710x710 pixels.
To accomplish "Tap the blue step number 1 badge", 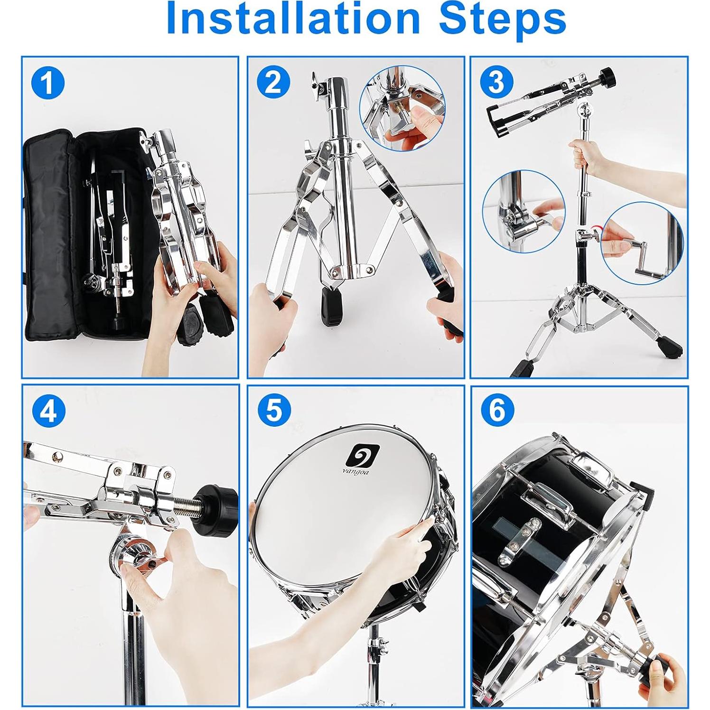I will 48,83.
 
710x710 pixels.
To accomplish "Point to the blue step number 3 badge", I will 496,82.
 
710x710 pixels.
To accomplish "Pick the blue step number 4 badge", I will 48,411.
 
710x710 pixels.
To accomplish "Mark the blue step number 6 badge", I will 497,410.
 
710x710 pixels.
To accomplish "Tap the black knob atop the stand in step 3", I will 608,75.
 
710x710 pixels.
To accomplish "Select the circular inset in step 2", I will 402,108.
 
